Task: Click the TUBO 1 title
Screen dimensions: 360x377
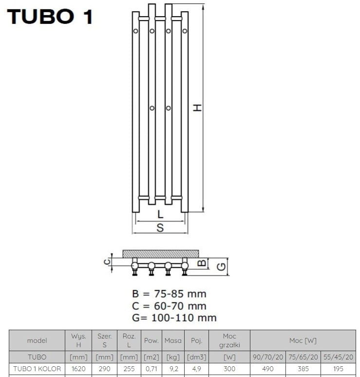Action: (50, 17)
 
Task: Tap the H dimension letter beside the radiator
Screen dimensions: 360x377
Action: (198, 107)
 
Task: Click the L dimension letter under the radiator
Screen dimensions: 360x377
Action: (160, 214)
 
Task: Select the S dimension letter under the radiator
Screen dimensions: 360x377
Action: (160, 227)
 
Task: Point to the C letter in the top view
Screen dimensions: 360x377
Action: (107, 261)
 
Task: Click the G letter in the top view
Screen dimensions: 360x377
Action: (222, 267)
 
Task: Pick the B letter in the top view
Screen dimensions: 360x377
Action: (202, 262)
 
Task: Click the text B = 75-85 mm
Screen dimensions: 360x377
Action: (169, 294)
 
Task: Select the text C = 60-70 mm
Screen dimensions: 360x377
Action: (169, 306)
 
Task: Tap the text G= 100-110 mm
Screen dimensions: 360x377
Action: (174, 318)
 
